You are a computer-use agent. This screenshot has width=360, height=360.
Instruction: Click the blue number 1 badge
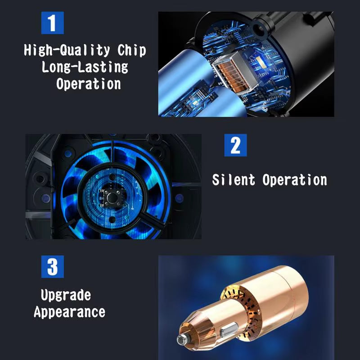coord(53,23)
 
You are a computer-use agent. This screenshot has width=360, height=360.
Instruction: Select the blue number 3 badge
coord(53,267)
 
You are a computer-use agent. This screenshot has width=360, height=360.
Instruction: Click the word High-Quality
coord(63,50)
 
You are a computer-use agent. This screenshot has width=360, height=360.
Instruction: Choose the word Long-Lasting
coord(85,67)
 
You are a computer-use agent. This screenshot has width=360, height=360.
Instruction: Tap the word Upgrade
coord(66,296)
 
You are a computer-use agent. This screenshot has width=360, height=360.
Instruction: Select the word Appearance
coord(69,312)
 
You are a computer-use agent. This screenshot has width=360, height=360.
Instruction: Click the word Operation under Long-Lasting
coord(89,84)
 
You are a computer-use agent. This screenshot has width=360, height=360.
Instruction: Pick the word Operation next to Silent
coord(295,180)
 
